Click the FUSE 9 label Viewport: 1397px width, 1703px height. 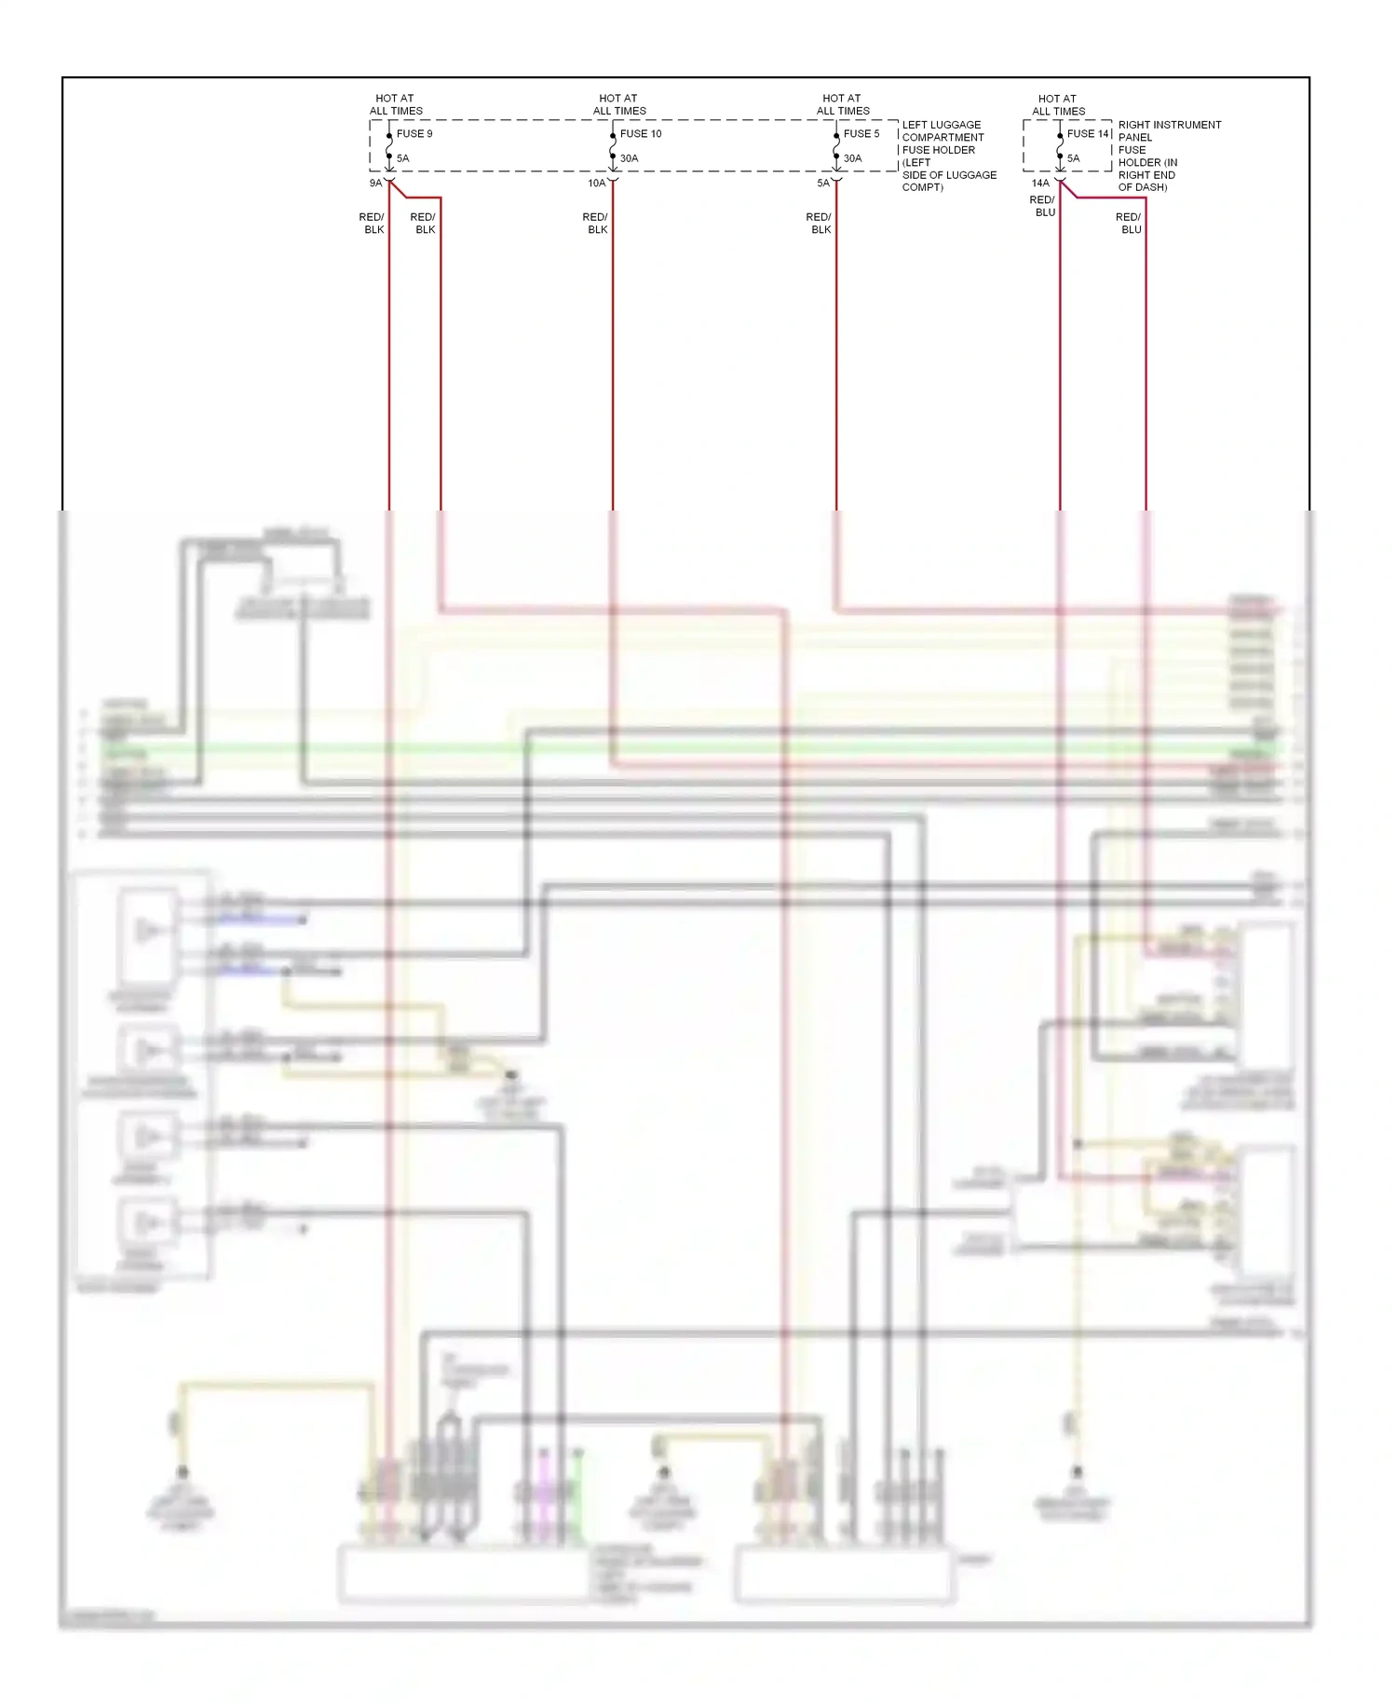(x=414, y=134)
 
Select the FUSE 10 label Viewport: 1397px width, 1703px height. (x=641, y=134)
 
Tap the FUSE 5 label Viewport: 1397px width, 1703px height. (x=861, y=134)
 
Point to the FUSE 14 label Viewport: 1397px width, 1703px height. (x=1087, y=134)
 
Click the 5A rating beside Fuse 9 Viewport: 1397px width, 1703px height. (x=402, y=158)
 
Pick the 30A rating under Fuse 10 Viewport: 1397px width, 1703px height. (x=630, y=158)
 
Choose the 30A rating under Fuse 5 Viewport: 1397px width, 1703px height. (x=853, y=158)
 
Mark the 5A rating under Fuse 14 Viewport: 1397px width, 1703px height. (x=1074, y=158)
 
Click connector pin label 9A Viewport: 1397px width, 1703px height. (x=375, y=184)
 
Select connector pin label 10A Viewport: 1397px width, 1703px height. (x=596, y=184)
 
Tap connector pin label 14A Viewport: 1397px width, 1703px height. (x=1040, y=184)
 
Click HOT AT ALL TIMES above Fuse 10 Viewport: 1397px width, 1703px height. (x=619, y=104)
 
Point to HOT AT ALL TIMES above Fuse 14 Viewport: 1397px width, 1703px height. (x=1059, y=104)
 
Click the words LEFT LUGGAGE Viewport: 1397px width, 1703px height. (x=941, y=125)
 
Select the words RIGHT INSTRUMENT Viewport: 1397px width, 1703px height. (x=1169, y=125)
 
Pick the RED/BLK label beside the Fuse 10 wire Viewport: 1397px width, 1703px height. (x=596, y=224)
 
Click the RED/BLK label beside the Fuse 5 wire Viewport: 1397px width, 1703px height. (x=820, y=224)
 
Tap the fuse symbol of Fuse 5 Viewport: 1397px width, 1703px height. (x=836, y=146)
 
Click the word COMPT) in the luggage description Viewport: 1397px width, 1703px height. (x=922, y=187)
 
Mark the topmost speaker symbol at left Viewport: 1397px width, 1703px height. (x=147, y=930)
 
